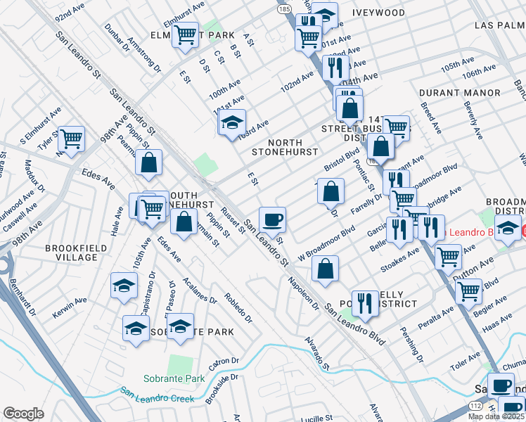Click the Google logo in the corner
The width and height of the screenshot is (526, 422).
point(23,414)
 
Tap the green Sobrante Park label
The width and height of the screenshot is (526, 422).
point(174,378)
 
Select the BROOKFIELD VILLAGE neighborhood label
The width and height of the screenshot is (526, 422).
point(72,253)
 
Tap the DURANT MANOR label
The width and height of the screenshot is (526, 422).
point(459,93)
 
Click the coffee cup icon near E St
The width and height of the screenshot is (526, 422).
point(272,219)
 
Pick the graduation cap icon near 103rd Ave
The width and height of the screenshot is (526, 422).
point(232,122)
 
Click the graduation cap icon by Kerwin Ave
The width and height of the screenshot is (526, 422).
point(124,286)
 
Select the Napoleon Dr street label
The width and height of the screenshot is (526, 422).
point(302,293)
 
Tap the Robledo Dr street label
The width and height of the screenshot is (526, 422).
point(239,303)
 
